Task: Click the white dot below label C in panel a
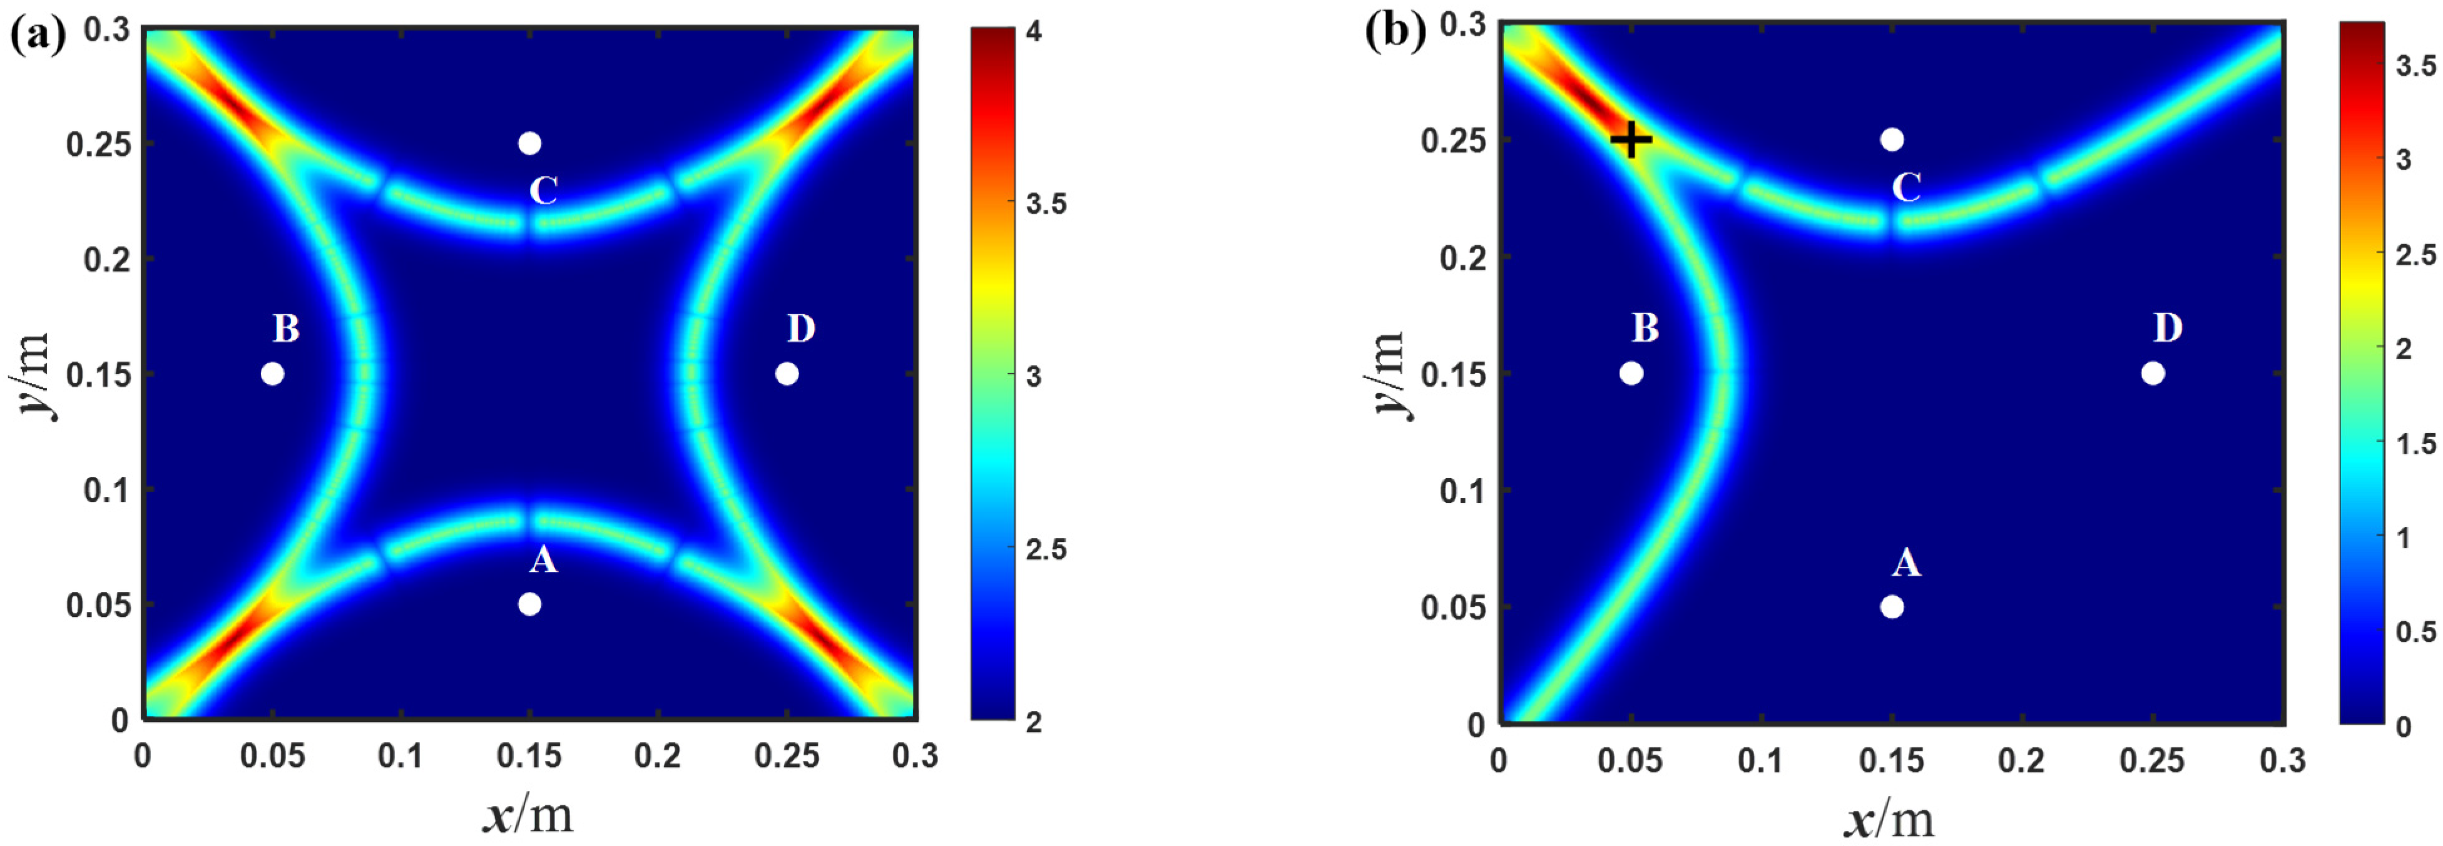point(530,143)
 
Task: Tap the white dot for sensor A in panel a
point(530,604)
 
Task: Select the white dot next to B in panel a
point(272,374)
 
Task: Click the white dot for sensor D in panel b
point(2153,374)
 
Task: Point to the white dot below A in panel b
point(1892,607)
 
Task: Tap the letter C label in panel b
point(1906,188)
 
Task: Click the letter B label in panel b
point(1645,328)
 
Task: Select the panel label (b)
point(1395,33)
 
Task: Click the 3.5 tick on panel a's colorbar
point(1046,204)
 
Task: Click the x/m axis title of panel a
point(528,813)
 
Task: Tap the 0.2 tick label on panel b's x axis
point(2021,761)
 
